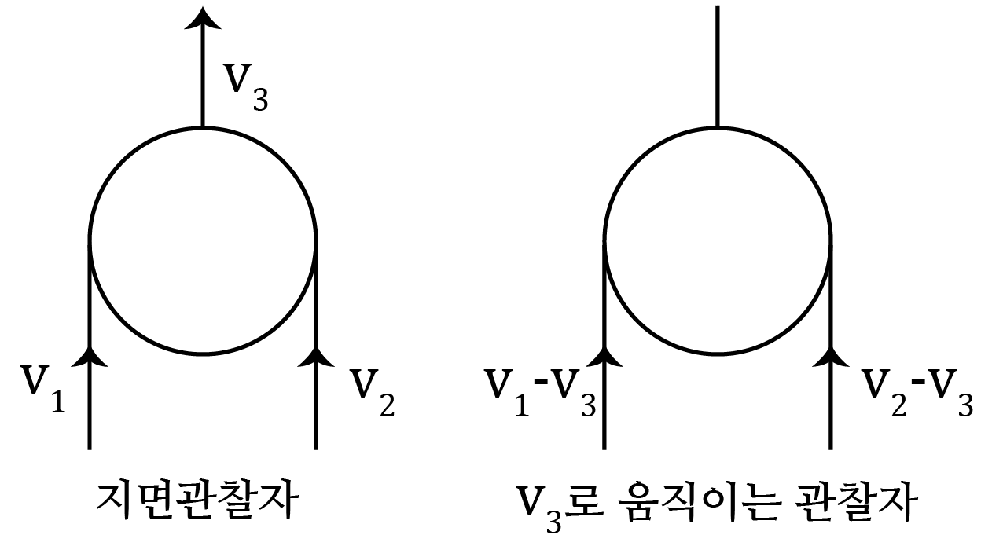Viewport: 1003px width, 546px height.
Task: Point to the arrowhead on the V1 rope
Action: (x=90, y=357)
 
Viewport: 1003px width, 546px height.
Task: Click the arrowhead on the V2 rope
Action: (x=316, y=357)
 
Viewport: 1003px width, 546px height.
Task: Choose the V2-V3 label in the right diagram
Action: (x=917, y=388)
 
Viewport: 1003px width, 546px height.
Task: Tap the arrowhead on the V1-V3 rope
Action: (x=604, y=357)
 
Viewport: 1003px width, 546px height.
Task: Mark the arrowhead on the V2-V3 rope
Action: (x=831, y=357)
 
